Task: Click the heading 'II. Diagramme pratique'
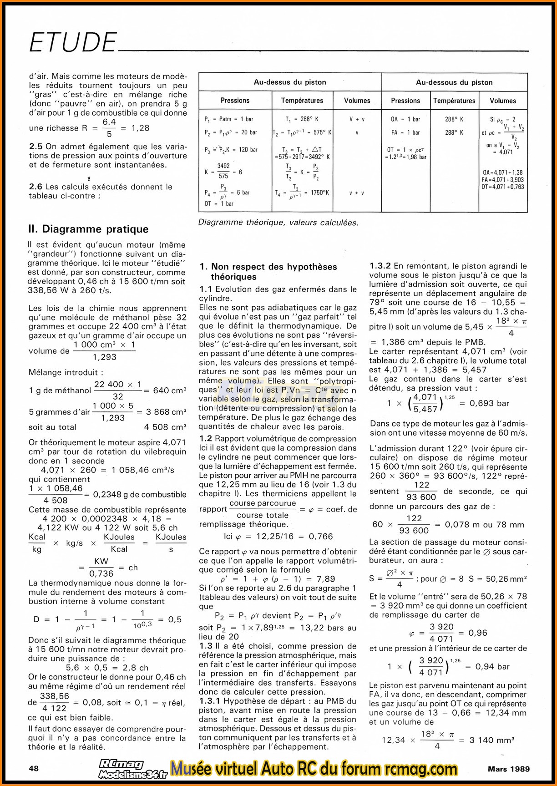(88, 229)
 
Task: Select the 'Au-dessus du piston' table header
(290, 82)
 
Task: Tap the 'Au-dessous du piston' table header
(454, 82)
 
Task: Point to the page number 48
(34, 768)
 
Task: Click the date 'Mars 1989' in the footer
(509, 769)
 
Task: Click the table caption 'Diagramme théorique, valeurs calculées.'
(278, 223)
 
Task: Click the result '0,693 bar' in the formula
(489, 403)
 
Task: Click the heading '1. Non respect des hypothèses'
(268, 267)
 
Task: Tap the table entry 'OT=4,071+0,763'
(502, 187)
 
